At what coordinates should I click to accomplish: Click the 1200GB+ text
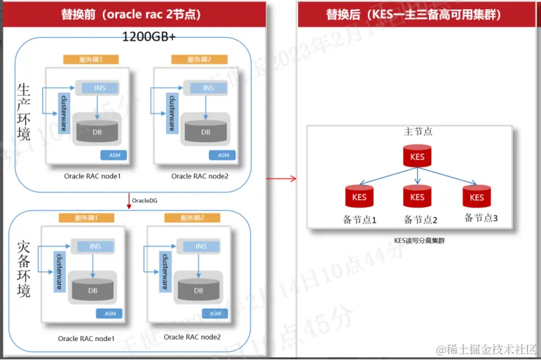pos(149,37)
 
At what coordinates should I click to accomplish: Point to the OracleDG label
pos(145,201)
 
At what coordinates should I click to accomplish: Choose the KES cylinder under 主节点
pos(417,157)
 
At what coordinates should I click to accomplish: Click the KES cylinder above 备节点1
pos(359,197)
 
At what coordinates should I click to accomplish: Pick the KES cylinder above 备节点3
pos(477,197)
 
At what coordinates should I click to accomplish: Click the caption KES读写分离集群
pos(419,240)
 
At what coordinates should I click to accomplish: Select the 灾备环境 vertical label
pos(23,269)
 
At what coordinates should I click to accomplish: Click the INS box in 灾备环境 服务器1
pos(94,246)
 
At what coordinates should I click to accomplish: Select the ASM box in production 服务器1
pos(113,155)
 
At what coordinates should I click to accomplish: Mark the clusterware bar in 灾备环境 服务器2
pos(165,270)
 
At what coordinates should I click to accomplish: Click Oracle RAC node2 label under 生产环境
pos(200,176)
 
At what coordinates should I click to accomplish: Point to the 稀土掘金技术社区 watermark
pos(486,350)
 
